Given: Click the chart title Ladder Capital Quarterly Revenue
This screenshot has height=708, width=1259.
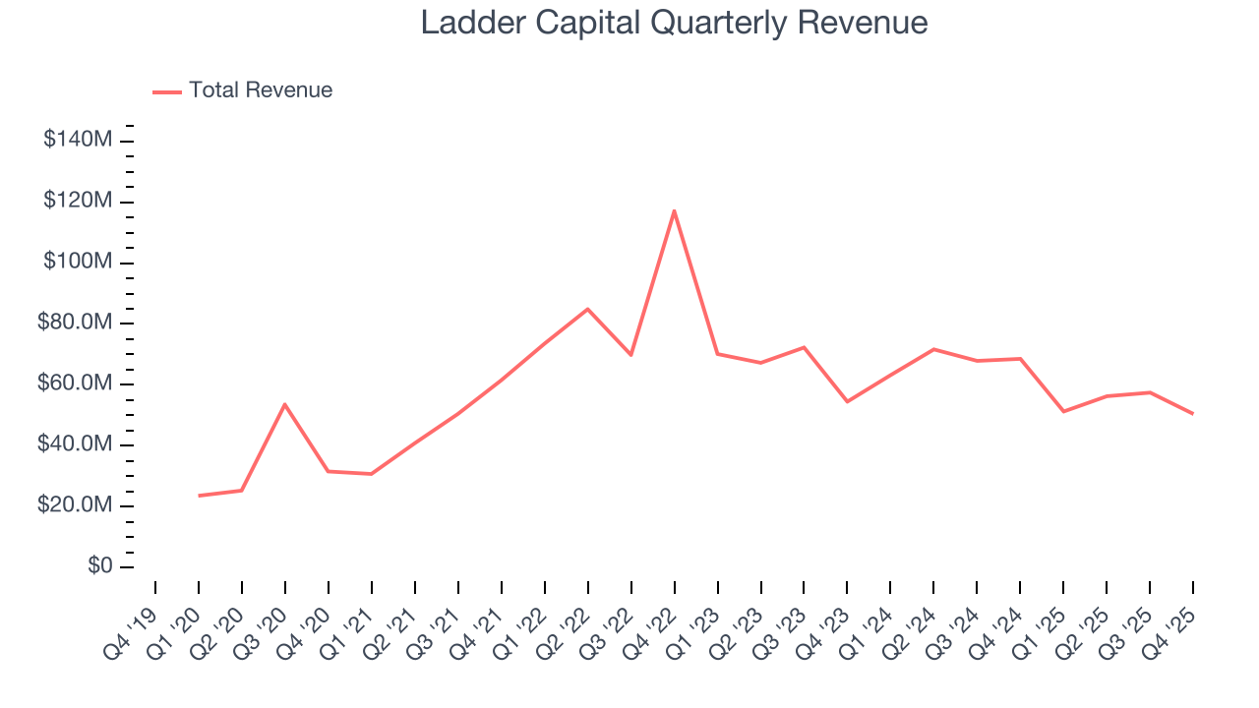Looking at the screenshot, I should (674, 23).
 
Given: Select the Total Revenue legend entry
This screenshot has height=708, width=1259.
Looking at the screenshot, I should (243, 90).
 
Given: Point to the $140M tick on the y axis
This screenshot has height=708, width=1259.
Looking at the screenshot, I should (78, 141).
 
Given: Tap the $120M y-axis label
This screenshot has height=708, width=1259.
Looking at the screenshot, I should (78, 202).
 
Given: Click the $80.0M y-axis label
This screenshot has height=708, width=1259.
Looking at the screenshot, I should (73, 324).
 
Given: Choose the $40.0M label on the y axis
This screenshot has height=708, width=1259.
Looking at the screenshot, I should (73, 445).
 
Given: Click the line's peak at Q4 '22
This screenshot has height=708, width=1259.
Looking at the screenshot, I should (674, 210).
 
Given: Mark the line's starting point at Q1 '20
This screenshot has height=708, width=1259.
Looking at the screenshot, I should (199, 496).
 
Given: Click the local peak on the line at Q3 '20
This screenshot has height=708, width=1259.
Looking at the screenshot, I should (285, 404).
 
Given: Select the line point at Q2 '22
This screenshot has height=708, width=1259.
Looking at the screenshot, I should (588, 309).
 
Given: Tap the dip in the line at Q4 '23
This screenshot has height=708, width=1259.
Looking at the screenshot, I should (847, 401).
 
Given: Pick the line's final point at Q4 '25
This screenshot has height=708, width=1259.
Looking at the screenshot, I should (1193, 414).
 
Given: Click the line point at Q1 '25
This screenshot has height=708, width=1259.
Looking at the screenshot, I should (1063, 411).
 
